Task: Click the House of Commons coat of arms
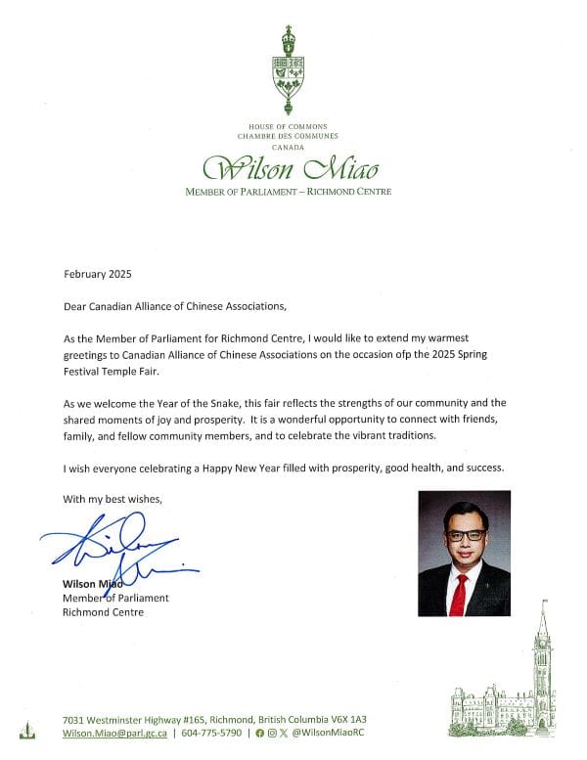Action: pyautogui.click(x=288, y=70)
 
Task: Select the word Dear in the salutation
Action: pyautogui.click(x=75, y=306)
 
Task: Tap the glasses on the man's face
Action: pyautogui.click(x=464, y=535)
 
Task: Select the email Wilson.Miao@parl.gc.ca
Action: pyautogui.click(x=113, y=733)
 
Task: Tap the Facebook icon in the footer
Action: pyautogui.click(x=259, y=733)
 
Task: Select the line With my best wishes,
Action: pyautogui.click(x=111, y=499)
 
